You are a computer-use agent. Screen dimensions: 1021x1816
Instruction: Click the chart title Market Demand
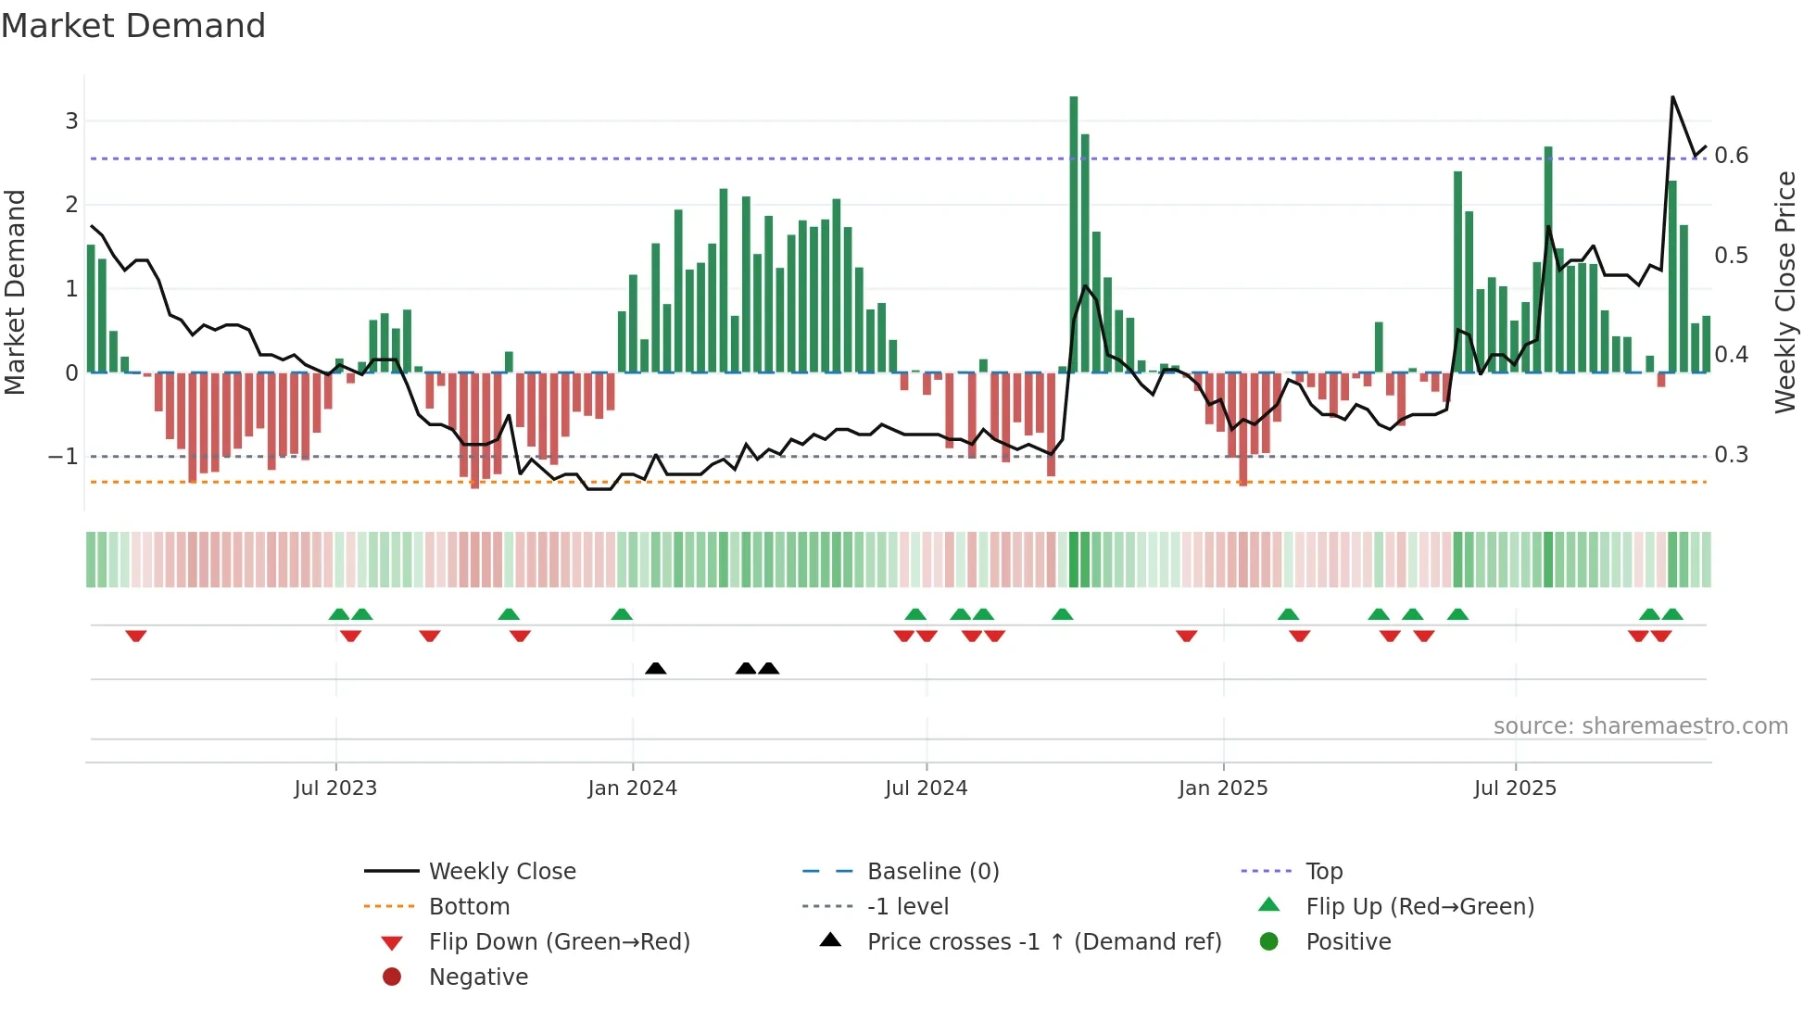coord(133,26)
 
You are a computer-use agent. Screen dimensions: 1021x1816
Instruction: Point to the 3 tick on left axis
coord(71,120)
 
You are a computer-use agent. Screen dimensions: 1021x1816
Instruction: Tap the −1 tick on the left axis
coord(63,456)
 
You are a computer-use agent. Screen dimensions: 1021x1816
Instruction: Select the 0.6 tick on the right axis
coord(1731,155)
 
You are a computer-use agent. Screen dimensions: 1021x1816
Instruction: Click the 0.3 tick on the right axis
coord(1731,454)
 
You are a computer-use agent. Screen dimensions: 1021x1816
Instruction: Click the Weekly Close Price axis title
coord(1784,292)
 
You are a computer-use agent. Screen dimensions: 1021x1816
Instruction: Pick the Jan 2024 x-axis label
coord(632,788)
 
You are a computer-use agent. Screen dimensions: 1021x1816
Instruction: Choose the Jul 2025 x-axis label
coord(1515,788)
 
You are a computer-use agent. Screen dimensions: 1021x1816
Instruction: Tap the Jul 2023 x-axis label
coord(335,788)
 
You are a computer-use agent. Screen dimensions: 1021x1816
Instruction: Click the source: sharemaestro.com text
coord(1640,725)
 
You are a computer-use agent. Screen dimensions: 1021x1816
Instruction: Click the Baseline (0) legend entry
coord(932,871)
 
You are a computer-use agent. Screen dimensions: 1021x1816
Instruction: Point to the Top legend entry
coord(1324,871)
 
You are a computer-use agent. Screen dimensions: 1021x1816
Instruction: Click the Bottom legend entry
coord(469,906)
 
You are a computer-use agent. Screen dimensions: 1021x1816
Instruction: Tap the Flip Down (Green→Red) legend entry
coord(559,941)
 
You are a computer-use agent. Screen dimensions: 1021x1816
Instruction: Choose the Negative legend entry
coord(478,977)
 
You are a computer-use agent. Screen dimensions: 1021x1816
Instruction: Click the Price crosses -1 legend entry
coord(1043,941)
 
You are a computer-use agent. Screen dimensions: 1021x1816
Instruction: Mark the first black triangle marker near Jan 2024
coord(655,668)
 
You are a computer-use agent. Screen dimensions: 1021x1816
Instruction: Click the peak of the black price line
coord(1672,96)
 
